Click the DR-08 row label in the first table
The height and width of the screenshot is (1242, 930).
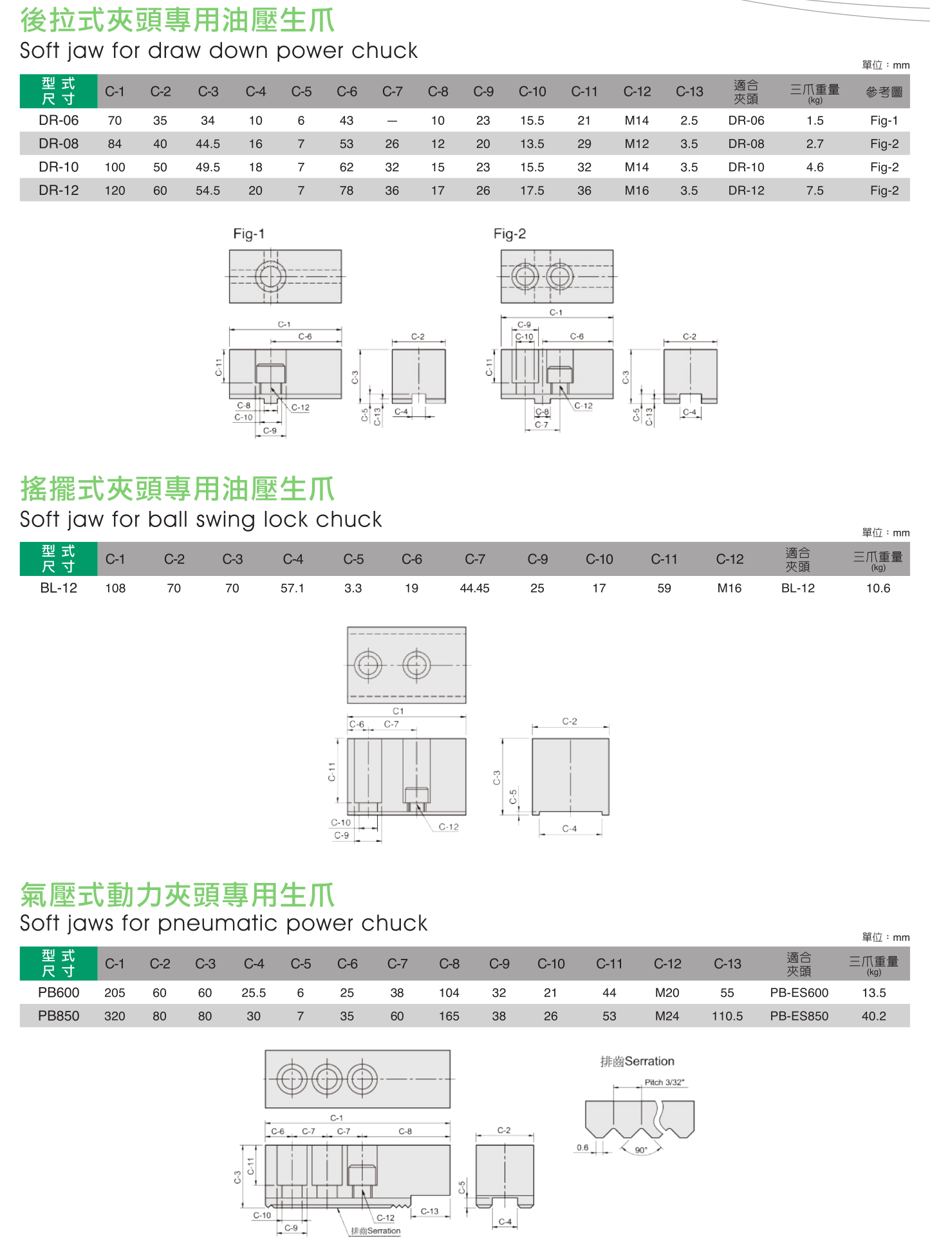tap(59, 144)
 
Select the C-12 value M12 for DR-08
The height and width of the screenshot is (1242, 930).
tap(637, 144)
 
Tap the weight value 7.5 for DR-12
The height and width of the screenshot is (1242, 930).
tap(815, 190)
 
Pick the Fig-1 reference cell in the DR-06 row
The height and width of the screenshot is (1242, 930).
tap(884, 120)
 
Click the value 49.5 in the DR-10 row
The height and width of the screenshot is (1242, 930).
tap(208, 167)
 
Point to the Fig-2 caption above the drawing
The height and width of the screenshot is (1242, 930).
tap(509, 234)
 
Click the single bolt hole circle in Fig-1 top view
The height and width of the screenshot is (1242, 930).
tap(270, 277)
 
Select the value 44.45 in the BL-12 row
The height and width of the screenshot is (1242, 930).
tap(474, 588)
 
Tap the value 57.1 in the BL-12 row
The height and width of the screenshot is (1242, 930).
tap(292, 588)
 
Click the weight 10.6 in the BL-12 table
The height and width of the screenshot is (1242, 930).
tap(878, 588)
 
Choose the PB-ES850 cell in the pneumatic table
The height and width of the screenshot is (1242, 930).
tap(799, 1016)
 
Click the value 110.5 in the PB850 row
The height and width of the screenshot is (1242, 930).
tap(727, 1016)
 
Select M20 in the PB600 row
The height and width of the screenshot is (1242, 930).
tap(667, 993)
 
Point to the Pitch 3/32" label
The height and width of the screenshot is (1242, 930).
tap(664, 1082)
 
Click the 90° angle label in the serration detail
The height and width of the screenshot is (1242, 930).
tap(641, 1151)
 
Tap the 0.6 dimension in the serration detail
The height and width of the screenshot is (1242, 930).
tap(582, 1147)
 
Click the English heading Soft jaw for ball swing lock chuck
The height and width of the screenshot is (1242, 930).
tap(201, 519)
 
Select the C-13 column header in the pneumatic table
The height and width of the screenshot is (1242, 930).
tap(727, 964)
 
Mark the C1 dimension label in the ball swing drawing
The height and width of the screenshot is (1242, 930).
tap(398, 711)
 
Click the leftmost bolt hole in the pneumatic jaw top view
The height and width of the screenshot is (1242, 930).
tap(292, 1079)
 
